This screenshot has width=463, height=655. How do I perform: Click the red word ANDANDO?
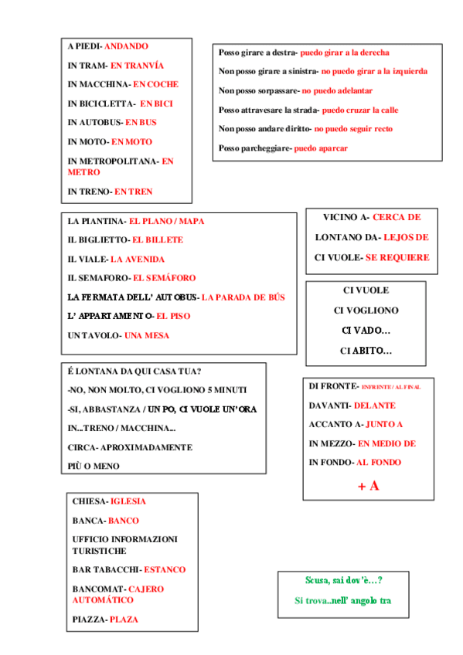126,46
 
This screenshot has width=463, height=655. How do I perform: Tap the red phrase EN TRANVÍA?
137,66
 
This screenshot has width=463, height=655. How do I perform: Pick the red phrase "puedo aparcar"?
321,148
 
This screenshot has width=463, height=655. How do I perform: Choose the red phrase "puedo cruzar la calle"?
359,110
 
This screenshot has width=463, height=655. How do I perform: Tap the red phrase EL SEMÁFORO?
164,278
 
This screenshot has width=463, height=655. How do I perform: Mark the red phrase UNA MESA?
146,335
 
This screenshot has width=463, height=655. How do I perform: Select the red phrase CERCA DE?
397,218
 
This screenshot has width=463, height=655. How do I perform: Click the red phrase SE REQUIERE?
397,257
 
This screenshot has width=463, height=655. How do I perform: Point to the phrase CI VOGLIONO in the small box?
366,311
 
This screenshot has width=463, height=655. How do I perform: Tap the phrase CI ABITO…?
366,351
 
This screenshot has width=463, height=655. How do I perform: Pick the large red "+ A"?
368,486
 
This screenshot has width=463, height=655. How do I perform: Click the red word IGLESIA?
128,502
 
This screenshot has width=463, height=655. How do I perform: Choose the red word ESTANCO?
165,570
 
